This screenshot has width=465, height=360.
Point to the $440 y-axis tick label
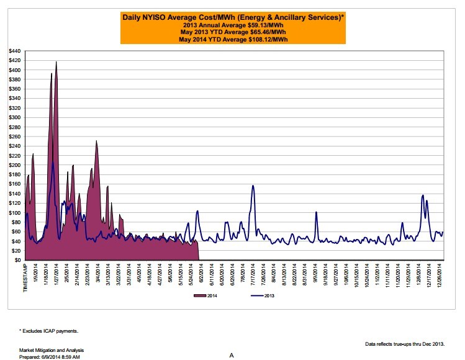[x=13, y=51]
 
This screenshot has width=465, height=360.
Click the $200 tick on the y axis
[x=13, y=165]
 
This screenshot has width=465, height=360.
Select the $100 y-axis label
[x=13, y=212]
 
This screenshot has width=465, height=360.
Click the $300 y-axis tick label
[x=13, y=117]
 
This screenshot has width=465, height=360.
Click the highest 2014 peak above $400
[x=56, y=62]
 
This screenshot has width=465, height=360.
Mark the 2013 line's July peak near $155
[x=253, y=186]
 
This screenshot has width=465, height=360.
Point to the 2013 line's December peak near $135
[x=422, y=196]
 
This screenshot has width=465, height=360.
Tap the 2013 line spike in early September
[x=316, y=212]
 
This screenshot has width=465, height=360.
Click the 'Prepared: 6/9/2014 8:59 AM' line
[x=50, y=357]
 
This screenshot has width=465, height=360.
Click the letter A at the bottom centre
[x=231, y=356]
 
